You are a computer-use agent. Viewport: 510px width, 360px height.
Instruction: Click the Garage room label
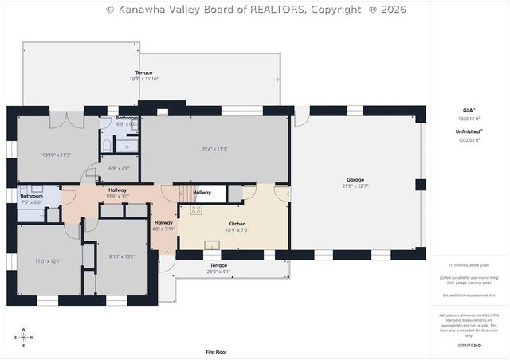coord(355,180)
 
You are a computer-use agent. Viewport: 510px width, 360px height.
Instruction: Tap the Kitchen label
coord(237,224)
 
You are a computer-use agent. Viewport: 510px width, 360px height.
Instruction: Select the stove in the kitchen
coord(196,210)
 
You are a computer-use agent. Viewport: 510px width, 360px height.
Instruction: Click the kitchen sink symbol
coord(213,245)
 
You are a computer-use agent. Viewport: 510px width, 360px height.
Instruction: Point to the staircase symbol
coord(184,192)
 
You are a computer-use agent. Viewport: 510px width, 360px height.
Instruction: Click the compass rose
coord(23,337)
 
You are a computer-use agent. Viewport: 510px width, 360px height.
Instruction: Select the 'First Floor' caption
coord(215,351)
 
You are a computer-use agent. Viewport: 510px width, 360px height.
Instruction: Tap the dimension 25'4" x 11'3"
coord(214,148)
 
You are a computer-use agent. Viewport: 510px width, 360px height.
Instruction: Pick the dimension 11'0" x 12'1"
coord(48,260)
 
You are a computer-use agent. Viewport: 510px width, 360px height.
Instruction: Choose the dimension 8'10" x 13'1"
coord(122,256)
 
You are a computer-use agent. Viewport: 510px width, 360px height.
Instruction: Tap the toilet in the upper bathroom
coord(106,145)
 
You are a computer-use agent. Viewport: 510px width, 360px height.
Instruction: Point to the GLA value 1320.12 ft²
coord(469,118)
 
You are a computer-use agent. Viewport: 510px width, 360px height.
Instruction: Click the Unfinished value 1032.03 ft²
coord(469,139)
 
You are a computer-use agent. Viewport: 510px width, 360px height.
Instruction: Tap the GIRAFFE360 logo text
coord(469,346)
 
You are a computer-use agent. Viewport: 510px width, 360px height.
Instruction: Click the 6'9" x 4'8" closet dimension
coord(119,168)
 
